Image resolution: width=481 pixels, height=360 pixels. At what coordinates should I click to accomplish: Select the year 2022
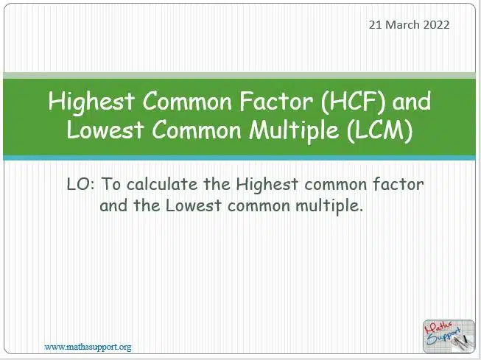(x=437, y=25)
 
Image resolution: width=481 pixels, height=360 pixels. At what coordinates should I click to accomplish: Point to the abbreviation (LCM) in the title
(x=380, y=130)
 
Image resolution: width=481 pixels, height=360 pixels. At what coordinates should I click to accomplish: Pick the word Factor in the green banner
(x=276, y=101)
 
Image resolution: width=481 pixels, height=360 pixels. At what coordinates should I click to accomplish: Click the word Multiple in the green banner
(x=294, y=130)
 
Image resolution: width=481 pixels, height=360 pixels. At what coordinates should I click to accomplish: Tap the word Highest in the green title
(x=91, y=102)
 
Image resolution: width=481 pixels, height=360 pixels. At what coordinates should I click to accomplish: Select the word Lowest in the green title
(x=105, y=130)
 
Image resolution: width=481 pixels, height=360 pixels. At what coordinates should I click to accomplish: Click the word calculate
(x=162, y=184)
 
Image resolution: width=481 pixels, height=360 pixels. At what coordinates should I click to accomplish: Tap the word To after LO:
(x=110, y=185)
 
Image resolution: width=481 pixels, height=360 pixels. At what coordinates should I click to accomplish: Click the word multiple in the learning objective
(x=329, y=206)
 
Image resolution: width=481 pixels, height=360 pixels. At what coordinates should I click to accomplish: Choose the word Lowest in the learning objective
(x=194, y=205)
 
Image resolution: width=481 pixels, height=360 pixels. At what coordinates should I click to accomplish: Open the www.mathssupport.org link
(x=88, y=347)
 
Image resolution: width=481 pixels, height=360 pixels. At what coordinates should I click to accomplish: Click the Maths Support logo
(x=449, y=336)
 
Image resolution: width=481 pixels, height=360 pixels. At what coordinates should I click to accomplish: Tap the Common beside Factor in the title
(x=187, y=102)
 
